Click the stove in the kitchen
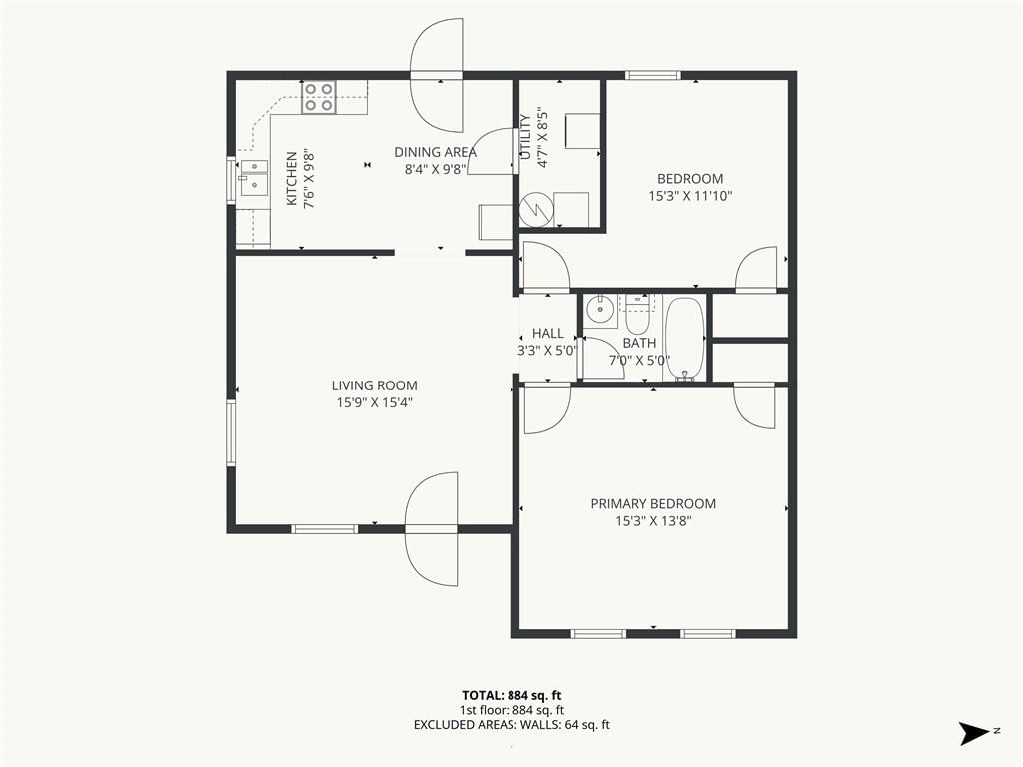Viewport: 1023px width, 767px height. [x=319, y=97]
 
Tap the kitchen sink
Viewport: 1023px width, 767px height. [x=253, y=178]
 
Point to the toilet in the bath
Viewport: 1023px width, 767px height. [x=636, y=314]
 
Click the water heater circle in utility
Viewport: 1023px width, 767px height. [x=536, y=210]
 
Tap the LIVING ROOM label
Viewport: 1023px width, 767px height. [x=374, y=385]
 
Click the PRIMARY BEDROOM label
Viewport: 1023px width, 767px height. [x=653, y=503]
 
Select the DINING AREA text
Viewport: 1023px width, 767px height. [x=436, y=152]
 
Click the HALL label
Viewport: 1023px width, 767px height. [x=548, y=333]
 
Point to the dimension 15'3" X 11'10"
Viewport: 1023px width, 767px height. [x=691, y=195]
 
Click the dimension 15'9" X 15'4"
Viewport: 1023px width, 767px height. [x=375, y=403]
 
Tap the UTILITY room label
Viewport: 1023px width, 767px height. [x=525, y=137]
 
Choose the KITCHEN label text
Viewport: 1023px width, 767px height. [x=292, y=179]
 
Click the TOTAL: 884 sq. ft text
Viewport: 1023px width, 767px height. [x=511, y=695]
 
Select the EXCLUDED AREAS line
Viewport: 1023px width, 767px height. [x=511, y=725]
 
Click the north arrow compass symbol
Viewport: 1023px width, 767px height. [x=975, y=733]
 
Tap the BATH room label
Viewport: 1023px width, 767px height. [x=639, y=343]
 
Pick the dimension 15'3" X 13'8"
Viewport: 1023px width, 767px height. [x=653, y=521]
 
